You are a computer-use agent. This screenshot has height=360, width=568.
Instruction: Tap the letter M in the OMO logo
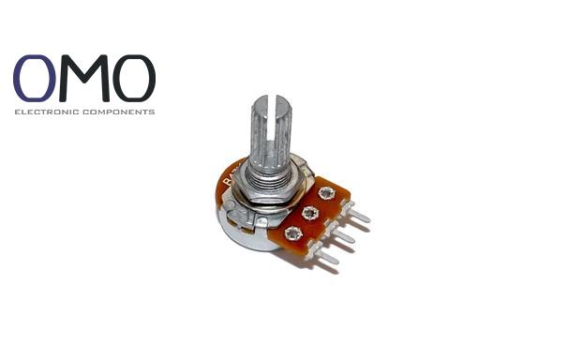click(x=84, y=78)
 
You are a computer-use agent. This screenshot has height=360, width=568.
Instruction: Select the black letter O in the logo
click(x=134, y=78)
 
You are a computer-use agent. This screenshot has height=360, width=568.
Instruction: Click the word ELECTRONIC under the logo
click(x=47, y=112)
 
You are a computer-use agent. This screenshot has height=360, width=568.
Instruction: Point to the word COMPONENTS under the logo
click(x=119, y=112)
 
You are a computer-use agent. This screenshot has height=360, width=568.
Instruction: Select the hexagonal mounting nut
click(x=270, y=187)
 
